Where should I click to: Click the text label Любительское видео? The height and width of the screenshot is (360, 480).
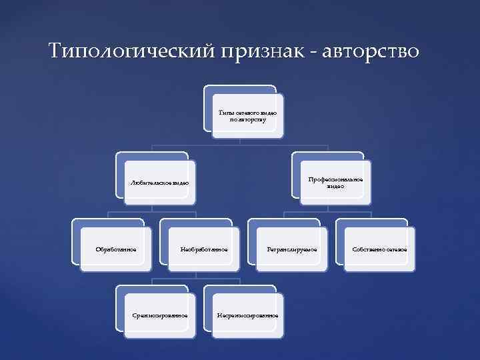[160, 183]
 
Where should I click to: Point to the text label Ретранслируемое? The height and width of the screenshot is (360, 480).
[292, 249]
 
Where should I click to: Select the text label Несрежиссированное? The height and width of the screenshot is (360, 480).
[247, 315]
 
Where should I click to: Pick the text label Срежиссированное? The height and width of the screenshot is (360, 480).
[160, 315]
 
